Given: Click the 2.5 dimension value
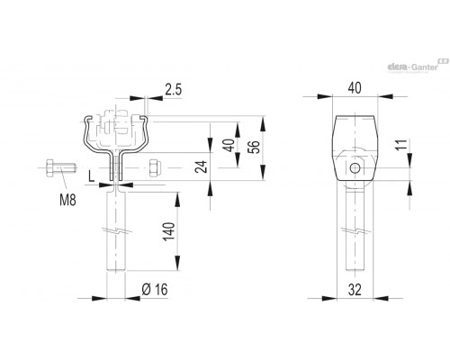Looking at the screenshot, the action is click(174, 90).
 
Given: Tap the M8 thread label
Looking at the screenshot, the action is click(67, 200).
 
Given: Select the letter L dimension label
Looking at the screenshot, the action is click(92, 176).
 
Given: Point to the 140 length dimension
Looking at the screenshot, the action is click(168, 231).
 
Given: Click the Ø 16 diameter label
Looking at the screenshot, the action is click(155, 290).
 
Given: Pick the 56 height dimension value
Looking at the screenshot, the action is click(255, 147).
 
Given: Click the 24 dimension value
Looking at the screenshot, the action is click(202, 167).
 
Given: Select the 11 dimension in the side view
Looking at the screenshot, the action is click(404, 144).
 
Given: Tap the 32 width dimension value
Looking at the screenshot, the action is click(355, 290).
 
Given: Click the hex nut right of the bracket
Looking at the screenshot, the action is click(155, 167).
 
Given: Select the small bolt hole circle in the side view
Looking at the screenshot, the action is click(355, 168).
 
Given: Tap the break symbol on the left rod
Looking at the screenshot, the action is click(117, 231).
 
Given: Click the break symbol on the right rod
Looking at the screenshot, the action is click(355, 231).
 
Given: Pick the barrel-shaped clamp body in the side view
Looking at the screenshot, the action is click(355, 148).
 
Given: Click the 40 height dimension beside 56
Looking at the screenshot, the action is click(230, 146).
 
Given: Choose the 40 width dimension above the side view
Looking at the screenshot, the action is click(355, 88).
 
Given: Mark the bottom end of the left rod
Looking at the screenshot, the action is click(116, 272).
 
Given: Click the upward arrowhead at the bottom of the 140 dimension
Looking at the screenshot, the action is click(177, 263).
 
